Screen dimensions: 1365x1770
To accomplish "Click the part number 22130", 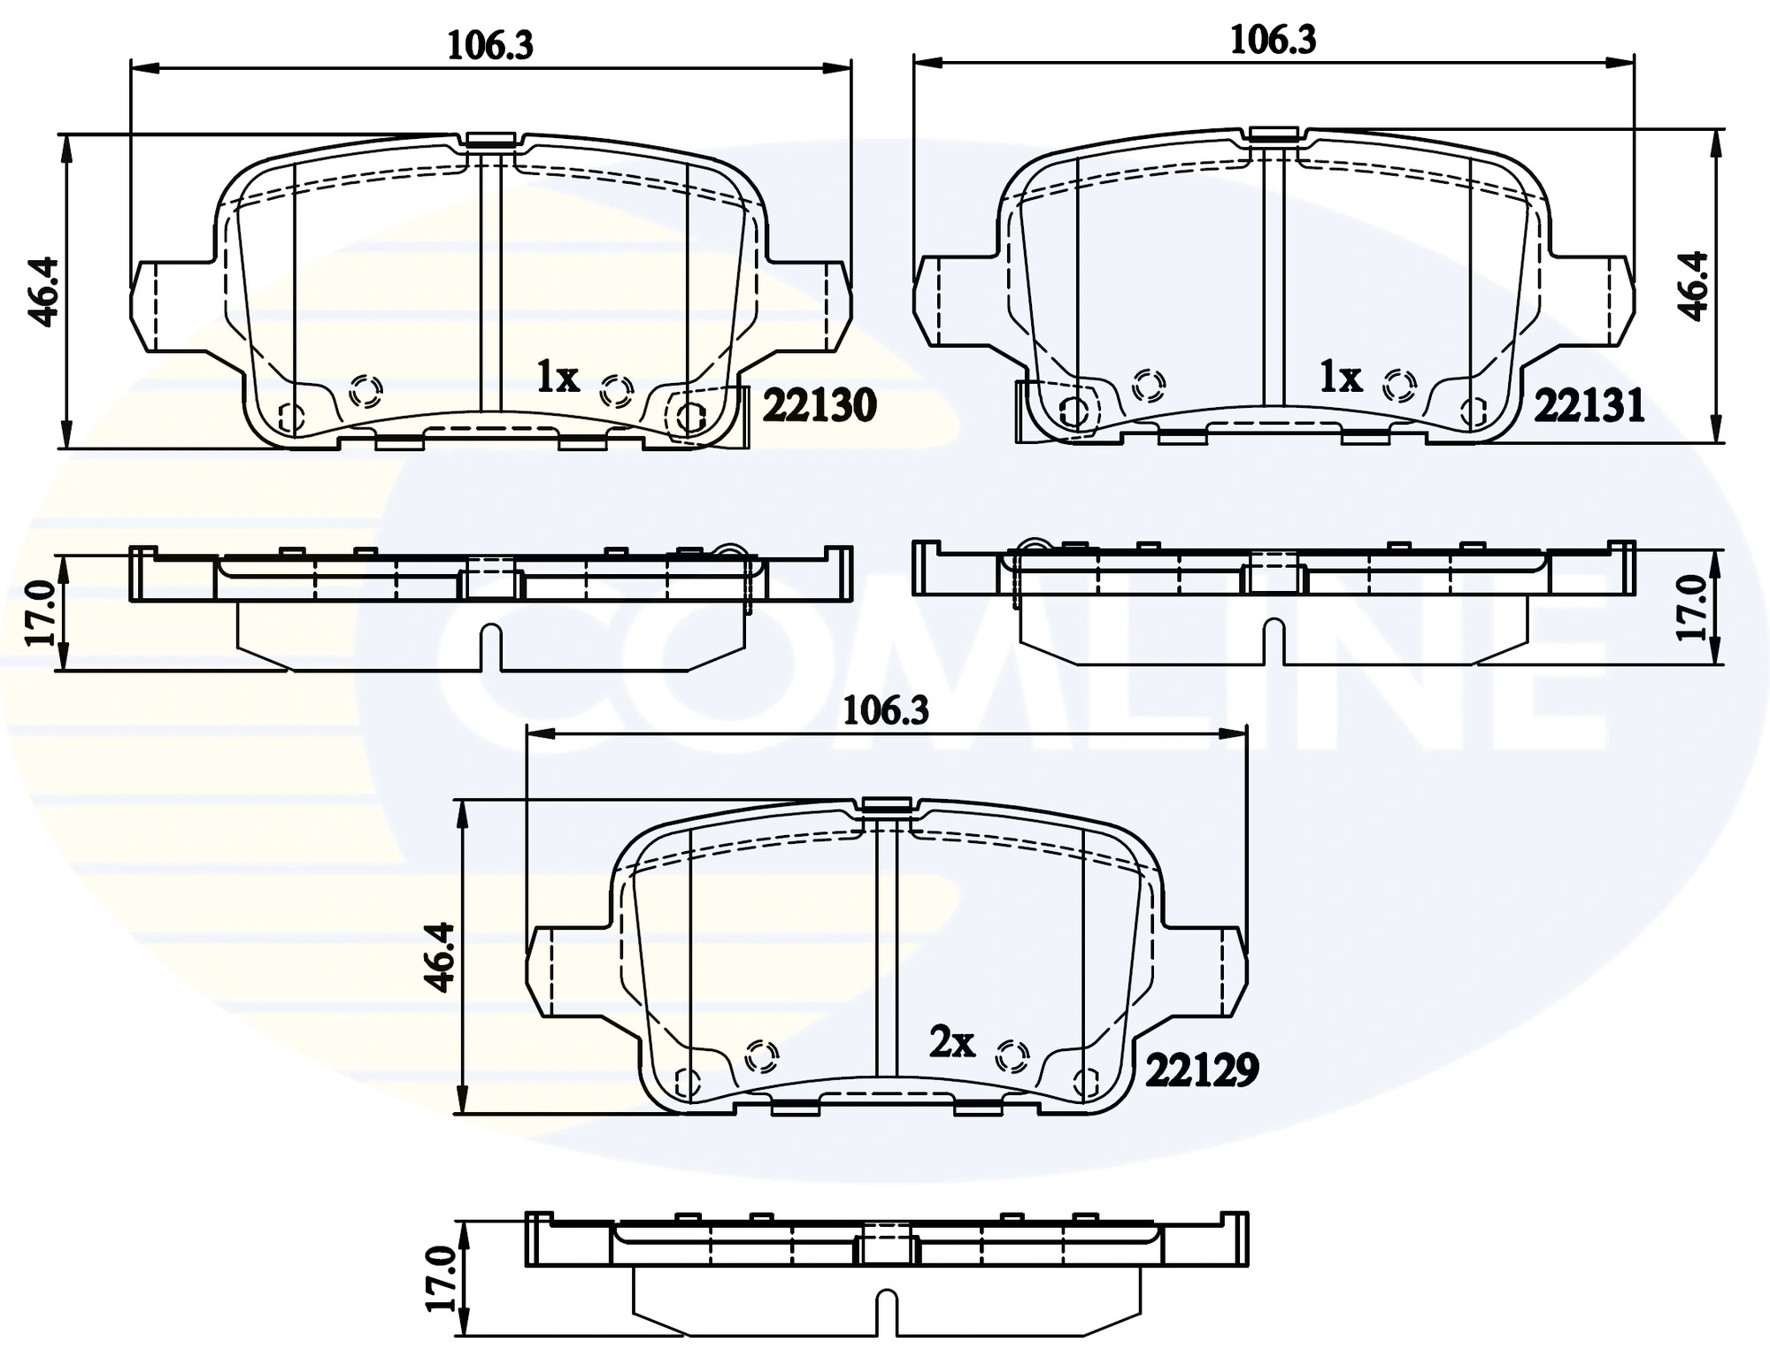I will pos(819,406).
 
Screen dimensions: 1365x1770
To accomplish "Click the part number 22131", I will pos(1589,406).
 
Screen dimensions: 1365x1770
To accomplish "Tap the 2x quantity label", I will pos(951,1042).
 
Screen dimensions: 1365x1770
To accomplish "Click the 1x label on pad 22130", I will pos(558,378).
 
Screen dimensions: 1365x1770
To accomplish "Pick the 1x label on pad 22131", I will pos(1340,378).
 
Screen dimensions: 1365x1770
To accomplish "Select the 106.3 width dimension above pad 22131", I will pos(1273,41).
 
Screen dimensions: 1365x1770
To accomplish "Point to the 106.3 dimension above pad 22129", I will pos(885,710).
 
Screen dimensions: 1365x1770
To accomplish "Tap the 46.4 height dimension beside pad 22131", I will pos(1694,285).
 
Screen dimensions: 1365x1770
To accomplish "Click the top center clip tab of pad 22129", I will pos(886,804).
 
